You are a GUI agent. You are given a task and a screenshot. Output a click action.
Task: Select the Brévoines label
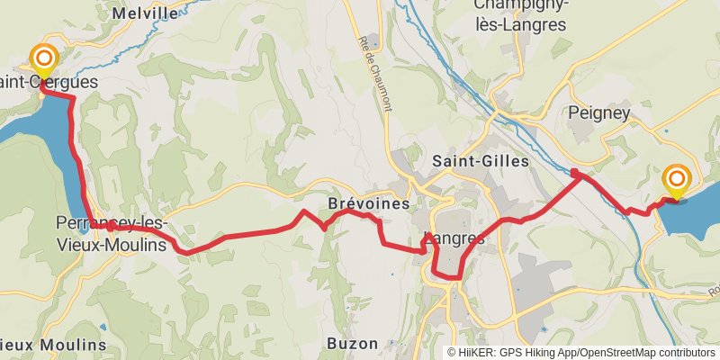click(x=369, y=203)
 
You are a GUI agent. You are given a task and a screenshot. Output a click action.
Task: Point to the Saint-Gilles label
click(x=481, y=161)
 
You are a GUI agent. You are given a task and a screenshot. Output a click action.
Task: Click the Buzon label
click(x=352, y=343)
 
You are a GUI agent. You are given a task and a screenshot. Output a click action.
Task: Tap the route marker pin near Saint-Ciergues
click(x=43, y=61)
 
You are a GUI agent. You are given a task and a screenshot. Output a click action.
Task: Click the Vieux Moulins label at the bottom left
click(x=54, y=345)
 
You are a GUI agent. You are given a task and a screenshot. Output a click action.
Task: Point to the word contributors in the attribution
click(x=684, y=352)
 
